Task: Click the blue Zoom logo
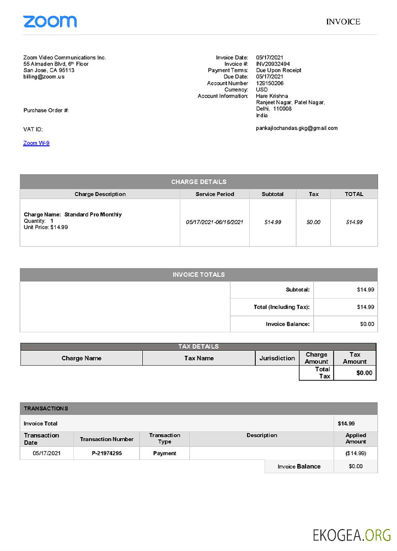coord(50,21)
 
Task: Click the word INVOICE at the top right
coord(343,22)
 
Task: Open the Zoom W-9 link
coord(36,143)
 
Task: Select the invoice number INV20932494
coord(273,64)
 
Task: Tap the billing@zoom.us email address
coord(44,77)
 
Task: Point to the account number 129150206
coord(270,83)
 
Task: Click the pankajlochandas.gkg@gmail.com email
coord(297,128)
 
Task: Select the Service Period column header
coord(214,194)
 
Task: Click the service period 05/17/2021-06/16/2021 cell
coord(214,222)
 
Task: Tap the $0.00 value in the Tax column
coord(313,222)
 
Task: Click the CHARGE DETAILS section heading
coord(198,182)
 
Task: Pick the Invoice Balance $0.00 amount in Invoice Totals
coord(367,324)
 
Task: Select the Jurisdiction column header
coord(277,358)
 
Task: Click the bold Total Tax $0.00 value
coord(364,373)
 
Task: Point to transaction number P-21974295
coord(106,453)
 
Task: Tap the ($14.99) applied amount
coord(355,453)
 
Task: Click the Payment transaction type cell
coord(164,453)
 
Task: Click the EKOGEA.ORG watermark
coord(352,535)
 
